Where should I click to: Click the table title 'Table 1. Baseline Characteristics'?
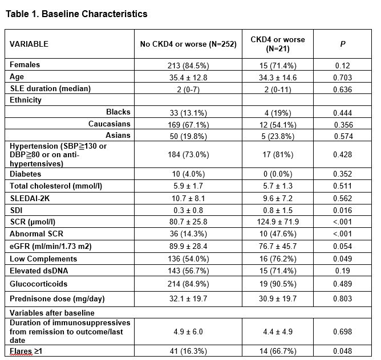point(76,14)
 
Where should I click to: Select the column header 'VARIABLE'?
point(29,44)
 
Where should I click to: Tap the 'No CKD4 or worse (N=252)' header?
point(188,44)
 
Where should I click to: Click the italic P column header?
point(343,44)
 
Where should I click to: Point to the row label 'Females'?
point(25,65)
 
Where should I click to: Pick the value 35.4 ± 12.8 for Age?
point(188,77)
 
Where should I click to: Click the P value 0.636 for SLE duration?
point(343,89)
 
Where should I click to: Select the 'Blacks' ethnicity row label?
point(118,112)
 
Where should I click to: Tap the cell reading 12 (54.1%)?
point(278,124)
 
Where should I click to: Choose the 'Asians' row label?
point(118,136)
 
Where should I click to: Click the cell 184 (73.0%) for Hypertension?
point(188,154)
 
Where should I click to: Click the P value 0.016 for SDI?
point(343,210)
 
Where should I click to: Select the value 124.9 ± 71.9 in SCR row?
point(278,222)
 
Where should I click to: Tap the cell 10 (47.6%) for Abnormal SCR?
point(278,234)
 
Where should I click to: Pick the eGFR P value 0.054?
point(343,246)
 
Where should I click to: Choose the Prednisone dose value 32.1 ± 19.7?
point(188,298)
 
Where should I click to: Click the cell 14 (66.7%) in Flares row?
point(278,351)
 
